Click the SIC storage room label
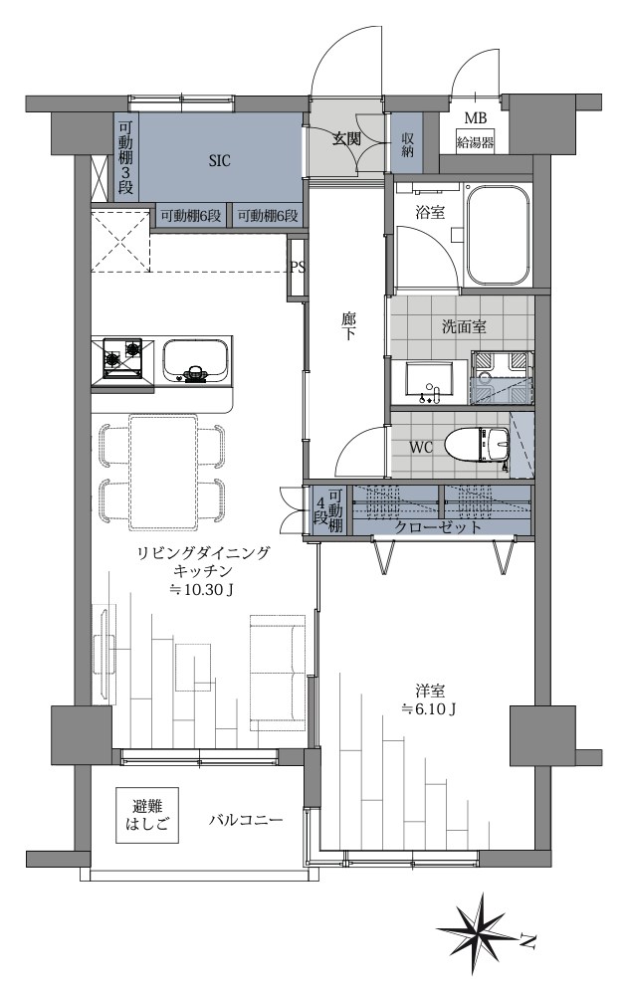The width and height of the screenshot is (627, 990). (219, 160)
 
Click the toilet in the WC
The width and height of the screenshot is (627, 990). (479, 444)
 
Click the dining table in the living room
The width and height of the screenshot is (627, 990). (162, 469)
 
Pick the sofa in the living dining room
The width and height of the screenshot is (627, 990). (277, 661)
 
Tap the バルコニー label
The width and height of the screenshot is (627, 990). (246, 821)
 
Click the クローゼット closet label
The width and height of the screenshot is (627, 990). (439, 527)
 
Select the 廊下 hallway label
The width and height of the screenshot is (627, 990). (348, 327)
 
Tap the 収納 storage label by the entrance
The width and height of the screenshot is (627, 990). (409, 145)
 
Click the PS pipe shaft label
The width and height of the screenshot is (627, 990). (297, 267)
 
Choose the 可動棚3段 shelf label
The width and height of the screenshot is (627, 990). (125, 158)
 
